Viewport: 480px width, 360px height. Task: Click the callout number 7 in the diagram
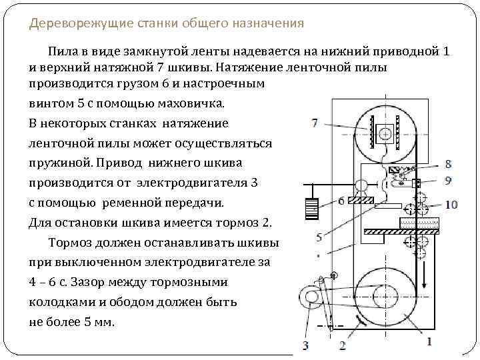click(x=314, y=123)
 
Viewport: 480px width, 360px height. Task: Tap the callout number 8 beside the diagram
click(x=449, y=163)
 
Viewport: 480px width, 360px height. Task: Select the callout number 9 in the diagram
click(x=449, y=179)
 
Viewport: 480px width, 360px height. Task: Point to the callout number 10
click(x=451, y=204)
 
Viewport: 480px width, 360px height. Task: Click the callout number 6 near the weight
click(x=341, y=200)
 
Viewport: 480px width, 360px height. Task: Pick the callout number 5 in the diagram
click(x=319, y=237)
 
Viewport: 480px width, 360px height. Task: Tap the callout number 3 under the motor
click(x=305, y=345)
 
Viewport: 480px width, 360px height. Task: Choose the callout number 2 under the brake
click(x=342, y=345)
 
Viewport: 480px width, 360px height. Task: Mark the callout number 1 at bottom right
click(x=429, y=341)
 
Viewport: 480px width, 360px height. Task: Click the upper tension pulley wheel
click(x=383, y=133)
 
